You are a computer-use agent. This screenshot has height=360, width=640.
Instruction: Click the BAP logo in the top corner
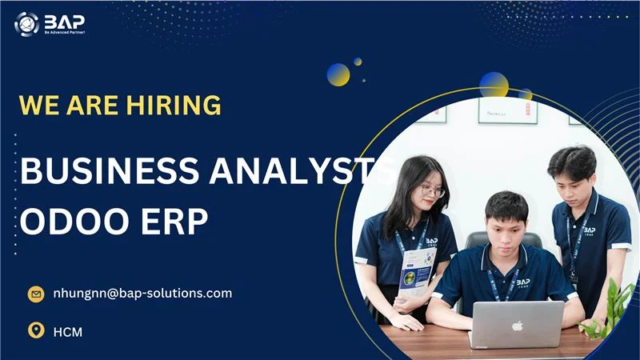49,23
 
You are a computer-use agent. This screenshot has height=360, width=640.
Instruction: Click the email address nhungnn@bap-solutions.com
142,293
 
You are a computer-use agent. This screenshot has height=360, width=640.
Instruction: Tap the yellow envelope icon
35,294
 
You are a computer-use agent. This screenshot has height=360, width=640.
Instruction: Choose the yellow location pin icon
35,330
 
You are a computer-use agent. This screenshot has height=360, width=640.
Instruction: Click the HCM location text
68,330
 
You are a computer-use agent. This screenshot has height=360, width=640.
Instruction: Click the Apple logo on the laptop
517,326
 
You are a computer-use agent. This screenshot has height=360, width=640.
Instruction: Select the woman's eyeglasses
432,191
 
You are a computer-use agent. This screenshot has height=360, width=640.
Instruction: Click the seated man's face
506,223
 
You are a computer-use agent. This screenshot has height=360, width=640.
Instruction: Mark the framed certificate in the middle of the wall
507,110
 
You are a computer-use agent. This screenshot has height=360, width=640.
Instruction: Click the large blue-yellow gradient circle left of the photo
338,74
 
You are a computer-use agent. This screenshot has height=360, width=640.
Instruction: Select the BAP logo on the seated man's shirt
522,282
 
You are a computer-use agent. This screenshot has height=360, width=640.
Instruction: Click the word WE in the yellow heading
38,105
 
